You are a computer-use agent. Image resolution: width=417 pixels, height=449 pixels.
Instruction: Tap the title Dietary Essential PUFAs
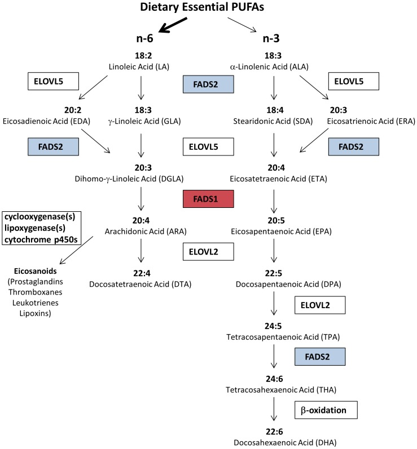point(208,8)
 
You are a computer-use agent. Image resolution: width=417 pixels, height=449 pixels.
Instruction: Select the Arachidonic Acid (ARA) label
point(141,230)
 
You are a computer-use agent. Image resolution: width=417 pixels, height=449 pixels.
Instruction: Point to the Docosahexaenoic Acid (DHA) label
point(273,442)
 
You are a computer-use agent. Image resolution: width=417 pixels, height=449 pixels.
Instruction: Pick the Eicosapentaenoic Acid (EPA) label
point(273,230)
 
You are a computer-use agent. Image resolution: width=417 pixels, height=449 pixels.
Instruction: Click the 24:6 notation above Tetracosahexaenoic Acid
point(273,379)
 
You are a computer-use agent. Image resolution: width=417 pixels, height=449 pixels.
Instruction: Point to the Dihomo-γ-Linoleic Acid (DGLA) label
point(141,179)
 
